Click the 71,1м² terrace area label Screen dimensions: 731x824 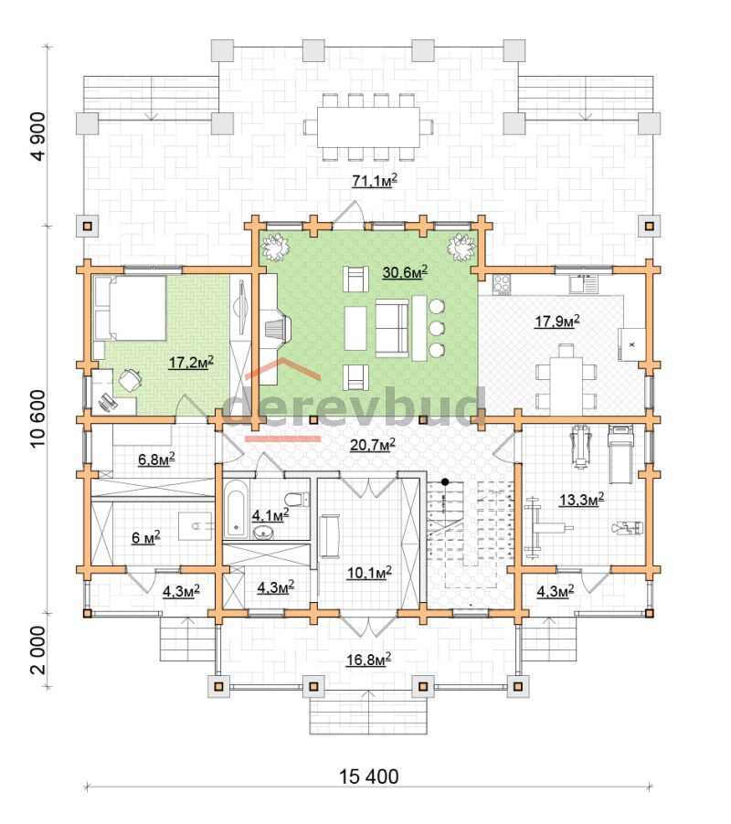coord(374,180)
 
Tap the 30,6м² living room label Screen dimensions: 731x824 coord(405,271)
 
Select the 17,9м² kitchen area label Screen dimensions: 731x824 coord(557,321)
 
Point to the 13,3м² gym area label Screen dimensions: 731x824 coord(581,499)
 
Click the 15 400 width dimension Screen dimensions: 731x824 coord(368,776)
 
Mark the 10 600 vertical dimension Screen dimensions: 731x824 coord(38,418)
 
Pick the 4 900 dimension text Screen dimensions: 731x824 coord(38,135)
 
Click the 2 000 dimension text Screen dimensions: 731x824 coord(38,650)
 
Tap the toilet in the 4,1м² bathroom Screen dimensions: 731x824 coord(296,499)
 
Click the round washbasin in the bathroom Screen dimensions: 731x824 coord(263,533)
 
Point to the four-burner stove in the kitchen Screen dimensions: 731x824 coord(502,284)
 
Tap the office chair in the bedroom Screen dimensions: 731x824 coord(130,379)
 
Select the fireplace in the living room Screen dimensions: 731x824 coord(275,330)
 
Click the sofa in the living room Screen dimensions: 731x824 coord(391,329)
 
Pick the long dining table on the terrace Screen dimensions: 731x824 coord(368,128)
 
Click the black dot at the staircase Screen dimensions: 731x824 coord(445,481)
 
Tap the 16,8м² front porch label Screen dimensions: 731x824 coord(368,659)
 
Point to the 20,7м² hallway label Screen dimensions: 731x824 coord(373,445)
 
